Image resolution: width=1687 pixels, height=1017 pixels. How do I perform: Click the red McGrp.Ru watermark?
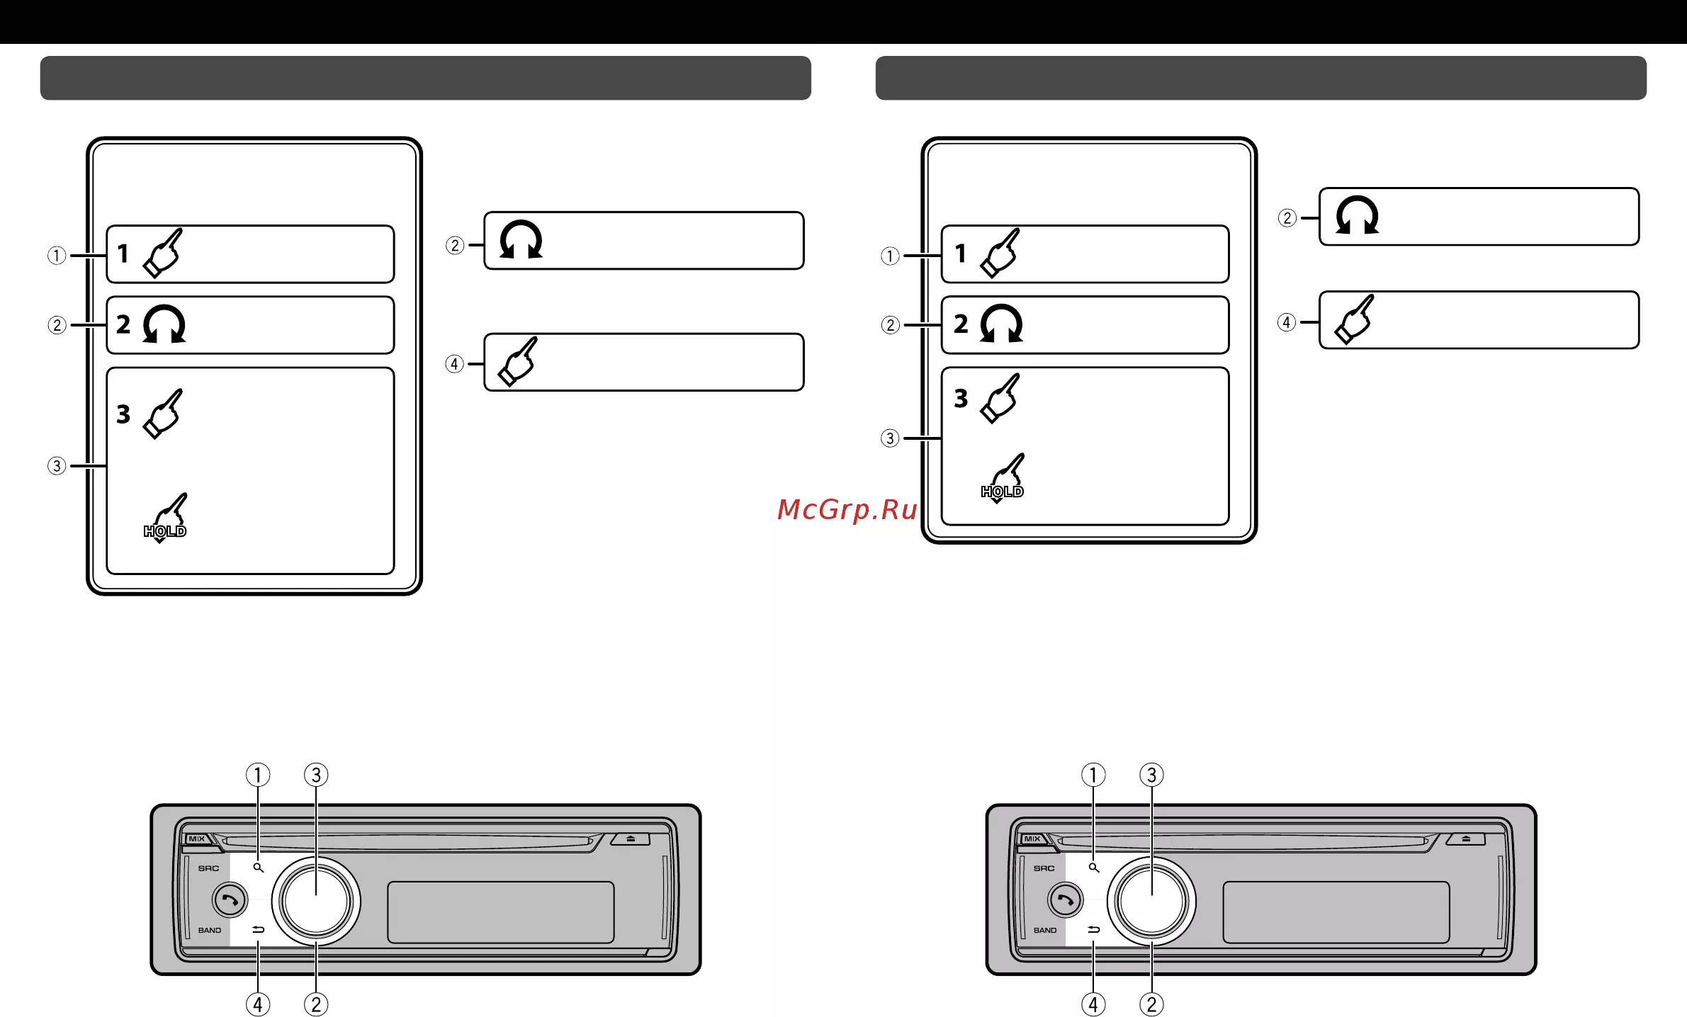click(x=847, y=510)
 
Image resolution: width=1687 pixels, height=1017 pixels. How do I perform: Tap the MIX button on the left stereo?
click(x=197, y=839)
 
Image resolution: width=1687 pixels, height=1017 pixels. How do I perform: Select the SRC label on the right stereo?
click(x=1044, y=868)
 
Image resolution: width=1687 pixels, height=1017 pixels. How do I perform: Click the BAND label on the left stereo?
click(x=210, y=931)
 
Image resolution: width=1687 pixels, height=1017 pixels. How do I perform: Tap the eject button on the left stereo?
click(x=631, y=839)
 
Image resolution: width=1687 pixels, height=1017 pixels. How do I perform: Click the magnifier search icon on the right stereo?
click(x=1094, y=868)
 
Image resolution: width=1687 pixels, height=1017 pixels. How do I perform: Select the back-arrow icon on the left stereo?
click(x=259, y=929)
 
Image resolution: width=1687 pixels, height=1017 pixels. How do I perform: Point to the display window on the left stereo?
click(x=501, y=912)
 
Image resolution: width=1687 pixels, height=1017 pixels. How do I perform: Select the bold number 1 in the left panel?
click(x=123, y=254)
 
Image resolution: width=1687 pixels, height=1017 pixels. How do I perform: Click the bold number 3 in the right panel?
click(x=961, y=398)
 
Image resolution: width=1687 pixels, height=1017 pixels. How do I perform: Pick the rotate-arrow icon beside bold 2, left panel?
click(x=164, y=324)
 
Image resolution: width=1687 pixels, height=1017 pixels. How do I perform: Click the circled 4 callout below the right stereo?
click(x=1093, y=1004)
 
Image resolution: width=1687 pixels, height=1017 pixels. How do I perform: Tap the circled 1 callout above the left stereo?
click(x=258, y=775)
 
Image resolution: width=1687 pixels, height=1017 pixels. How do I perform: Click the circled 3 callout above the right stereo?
click(x=1151, y=775)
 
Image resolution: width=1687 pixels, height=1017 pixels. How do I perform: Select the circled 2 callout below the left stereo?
click(x=316, y=1004)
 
